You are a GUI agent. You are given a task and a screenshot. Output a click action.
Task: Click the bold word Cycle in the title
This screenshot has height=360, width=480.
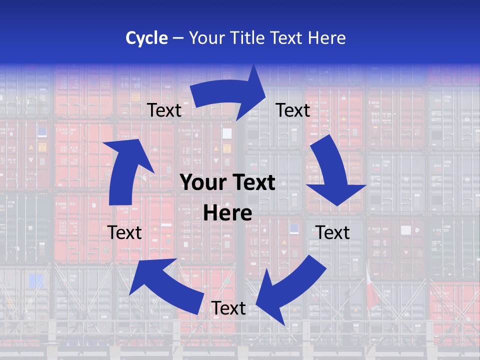[146, 38]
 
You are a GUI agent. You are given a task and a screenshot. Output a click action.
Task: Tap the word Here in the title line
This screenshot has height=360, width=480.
[326, 38]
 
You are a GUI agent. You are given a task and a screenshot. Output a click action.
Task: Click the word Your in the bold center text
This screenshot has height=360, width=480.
[201, 183]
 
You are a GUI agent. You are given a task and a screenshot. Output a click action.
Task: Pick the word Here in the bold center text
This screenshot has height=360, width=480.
[227, 213]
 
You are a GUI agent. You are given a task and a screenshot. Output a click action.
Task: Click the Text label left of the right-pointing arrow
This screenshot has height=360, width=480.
[164, 110]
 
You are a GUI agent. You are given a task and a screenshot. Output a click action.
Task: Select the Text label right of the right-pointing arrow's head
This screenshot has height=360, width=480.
[293, 110]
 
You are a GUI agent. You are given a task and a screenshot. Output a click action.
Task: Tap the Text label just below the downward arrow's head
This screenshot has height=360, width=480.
[332, 232]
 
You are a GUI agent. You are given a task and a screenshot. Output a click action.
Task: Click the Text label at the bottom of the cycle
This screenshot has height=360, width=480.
[228, 308]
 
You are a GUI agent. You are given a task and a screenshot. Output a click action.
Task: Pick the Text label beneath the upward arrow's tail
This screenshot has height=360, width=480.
[124, 232]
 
